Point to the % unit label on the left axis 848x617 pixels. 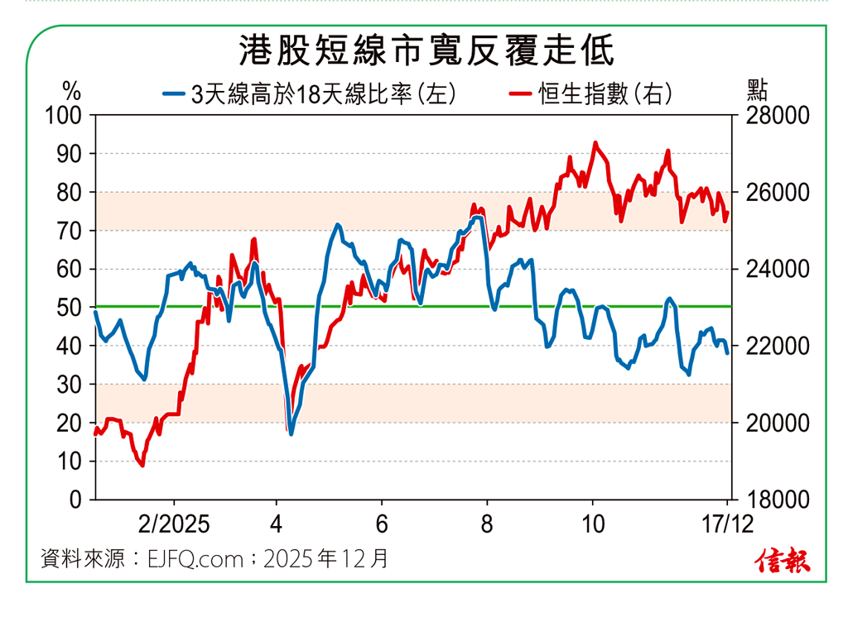[x=72, y=88]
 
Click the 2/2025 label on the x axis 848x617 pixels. [x=174, y=524]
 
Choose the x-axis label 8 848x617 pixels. [x=487, y=524]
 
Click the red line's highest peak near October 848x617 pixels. [x=595, y=142]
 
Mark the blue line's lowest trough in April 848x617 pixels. [x=291, y=434]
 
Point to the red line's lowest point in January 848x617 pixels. [x=142, y=466]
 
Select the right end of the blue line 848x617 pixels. [x=728, y=353]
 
